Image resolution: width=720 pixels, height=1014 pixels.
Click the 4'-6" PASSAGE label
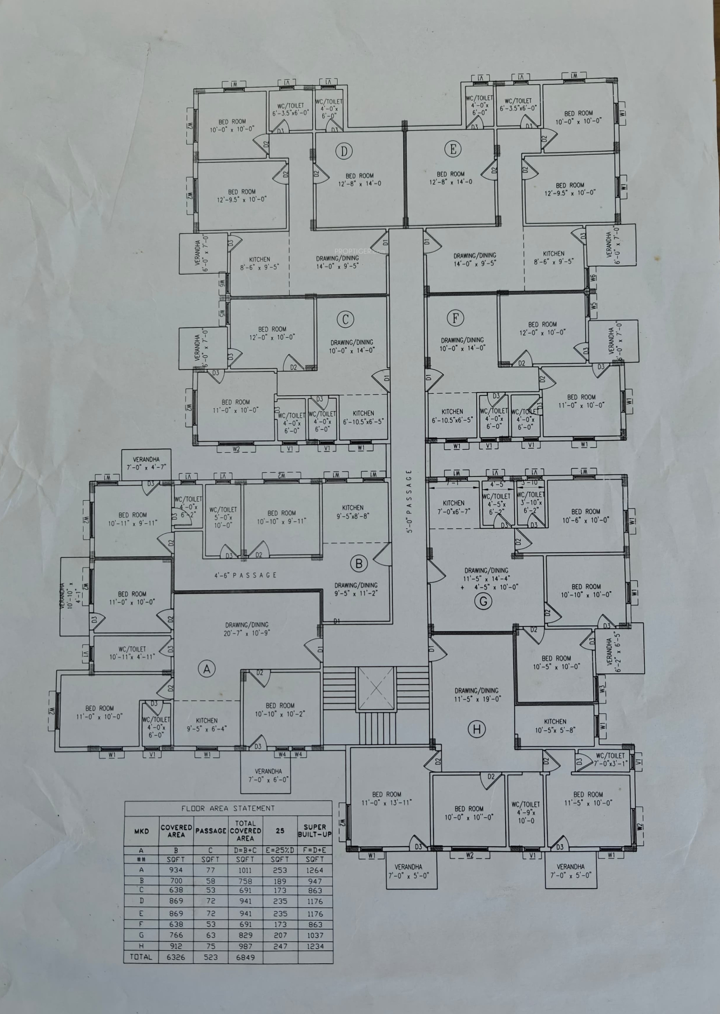pyautogui.click(x=245, y=575)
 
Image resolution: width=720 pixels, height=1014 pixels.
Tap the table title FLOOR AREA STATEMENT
pyautogui.click(x=228, y=808)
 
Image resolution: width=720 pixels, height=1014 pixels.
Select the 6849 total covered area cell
pyautogui.click(x=245, y=957)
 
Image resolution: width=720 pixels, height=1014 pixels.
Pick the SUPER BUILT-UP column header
pyautogui.click(x=315, y=831)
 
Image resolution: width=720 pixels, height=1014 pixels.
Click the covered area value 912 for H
pyautogui.click(x=176, y=946)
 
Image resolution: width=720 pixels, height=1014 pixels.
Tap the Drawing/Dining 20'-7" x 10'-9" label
pyautogui.click(x=247, y=629)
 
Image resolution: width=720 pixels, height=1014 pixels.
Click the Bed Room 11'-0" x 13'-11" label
pyautogui.click(x=387, y=798)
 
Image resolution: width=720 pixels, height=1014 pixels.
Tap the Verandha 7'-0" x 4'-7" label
pyautogui.click(x=146, y=463)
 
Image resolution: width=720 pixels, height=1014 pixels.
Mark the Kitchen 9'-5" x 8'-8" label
pyautogui.click(x=353, y=512)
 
